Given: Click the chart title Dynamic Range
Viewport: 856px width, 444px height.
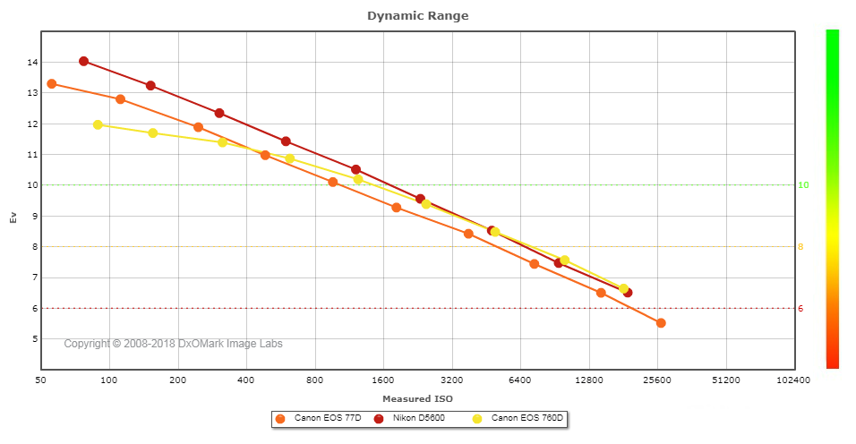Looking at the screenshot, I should tap(417, 16).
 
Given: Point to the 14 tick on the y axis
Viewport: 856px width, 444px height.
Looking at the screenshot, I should tap(31, 63).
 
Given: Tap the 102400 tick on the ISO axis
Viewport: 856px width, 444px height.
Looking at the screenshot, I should tap(792, 380).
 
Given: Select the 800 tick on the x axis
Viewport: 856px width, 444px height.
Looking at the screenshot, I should tap(314, 380).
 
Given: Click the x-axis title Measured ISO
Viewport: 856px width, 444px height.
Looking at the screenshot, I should tap(417, 398).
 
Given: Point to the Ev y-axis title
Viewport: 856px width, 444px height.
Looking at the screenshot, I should tap(13, 216).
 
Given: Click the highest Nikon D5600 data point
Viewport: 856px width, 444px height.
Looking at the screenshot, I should tap(83, 61).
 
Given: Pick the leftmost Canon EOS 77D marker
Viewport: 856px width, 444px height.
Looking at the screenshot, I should tap(51, 83).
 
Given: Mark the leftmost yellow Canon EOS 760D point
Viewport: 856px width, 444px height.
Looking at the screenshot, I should tap(98, 124).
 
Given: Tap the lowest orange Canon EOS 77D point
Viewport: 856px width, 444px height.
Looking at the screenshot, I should tap(661, 323).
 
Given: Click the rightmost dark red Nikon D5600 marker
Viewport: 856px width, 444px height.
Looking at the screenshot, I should tap(628, 293).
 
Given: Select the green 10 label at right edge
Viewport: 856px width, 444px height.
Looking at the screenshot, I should tap(803, 185).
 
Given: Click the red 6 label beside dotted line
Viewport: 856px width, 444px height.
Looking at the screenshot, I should tap(800, 309).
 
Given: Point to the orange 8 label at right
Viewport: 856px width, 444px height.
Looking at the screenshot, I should tap(800, 247).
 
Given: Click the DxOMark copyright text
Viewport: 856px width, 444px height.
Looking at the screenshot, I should tap(179, 344).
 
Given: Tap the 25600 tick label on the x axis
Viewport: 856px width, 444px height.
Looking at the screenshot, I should tap(657, 380).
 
